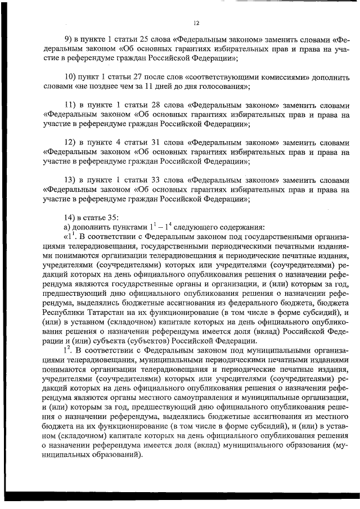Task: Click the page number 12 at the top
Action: tap(196, 23)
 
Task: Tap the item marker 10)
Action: tap(71, 77)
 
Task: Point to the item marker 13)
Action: tap(71, 180)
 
